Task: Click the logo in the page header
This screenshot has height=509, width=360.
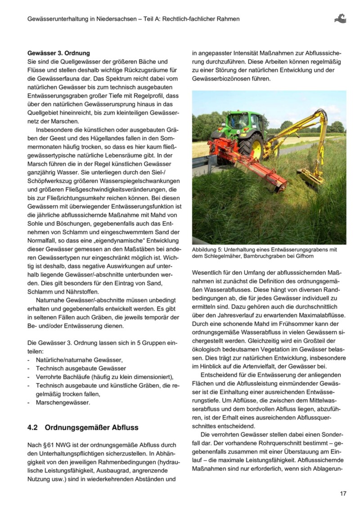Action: pos(340,18)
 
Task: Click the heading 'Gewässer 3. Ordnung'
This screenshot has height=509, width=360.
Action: pos(58,53)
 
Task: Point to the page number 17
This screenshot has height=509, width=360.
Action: pos(343,494)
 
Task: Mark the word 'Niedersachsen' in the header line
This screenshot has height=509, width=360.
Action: pos(112,19)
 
